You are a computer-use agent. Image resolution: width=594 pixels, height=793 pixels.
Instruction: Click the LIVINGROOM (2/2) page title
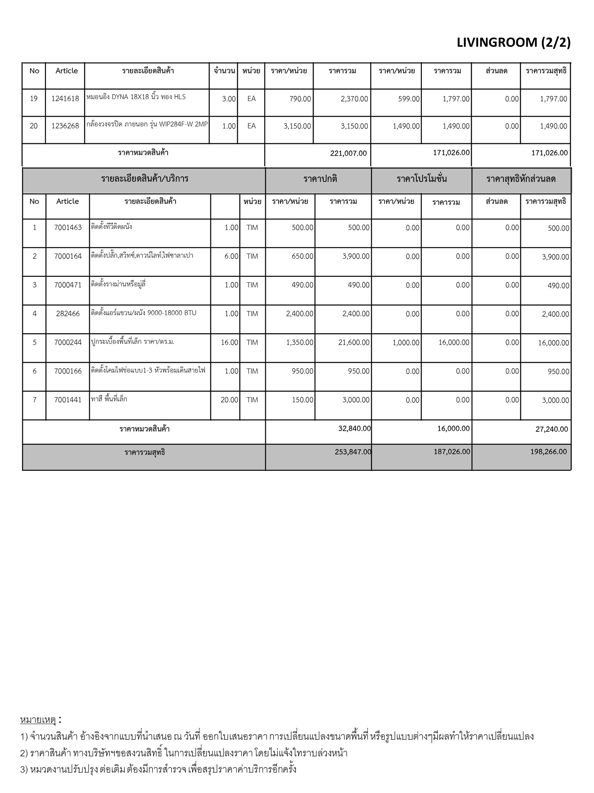(x=514, y=43)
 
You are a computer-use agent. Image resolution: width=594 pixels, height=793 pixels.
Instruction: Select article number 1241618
(x=65, y=99)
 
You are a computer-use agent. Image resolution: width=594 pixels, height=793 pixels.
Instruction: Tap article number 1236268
(x=65, y=126)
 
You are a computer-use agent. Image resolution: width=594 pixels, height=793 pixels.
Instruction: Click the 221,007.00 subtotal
(x=348, y=153)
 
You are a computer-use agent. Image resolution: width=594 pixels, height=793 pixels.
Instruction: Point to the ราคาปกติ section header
(x=320, y=179)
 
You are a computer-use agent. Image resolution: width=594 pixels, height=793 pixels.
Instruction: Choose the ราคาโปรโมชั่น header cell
(x=422, y=179)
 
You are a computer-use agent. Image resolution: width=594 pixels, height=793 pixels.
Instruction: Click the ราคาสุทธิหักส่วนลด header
(x=521, y=179)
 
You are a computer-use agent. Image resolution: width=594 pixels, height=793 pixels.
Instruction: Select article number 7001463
(x=68, y=228)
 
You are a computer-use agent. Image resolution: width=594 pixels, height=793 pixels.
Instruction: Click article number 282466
(x=68, y=314)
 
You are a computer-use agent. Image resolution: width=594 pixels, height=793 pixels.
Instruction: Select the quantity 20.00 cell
(x=229, y=400)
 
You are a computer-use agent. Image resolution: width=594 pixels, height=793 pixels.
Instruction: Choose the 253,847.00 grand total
(x=353, y=452)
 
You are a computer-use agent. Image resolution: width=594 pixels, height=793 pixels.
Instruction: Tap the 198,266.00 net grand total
(x=548, y=452)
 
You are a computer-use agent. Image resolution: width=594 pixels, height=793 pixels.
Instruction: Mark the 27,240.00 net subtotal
(x=551, y=429)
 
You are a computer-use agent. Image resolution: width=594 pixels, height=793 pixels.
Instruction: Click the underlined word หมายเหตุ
(x=38, y=720)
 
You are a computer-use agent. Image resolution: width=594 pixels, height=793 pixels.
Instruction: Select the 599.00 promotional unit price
(x=409, y=99)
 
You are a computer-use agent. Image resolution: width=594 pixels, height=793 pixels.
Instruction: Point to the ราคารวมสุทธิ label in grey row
(x=145, y=452)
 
